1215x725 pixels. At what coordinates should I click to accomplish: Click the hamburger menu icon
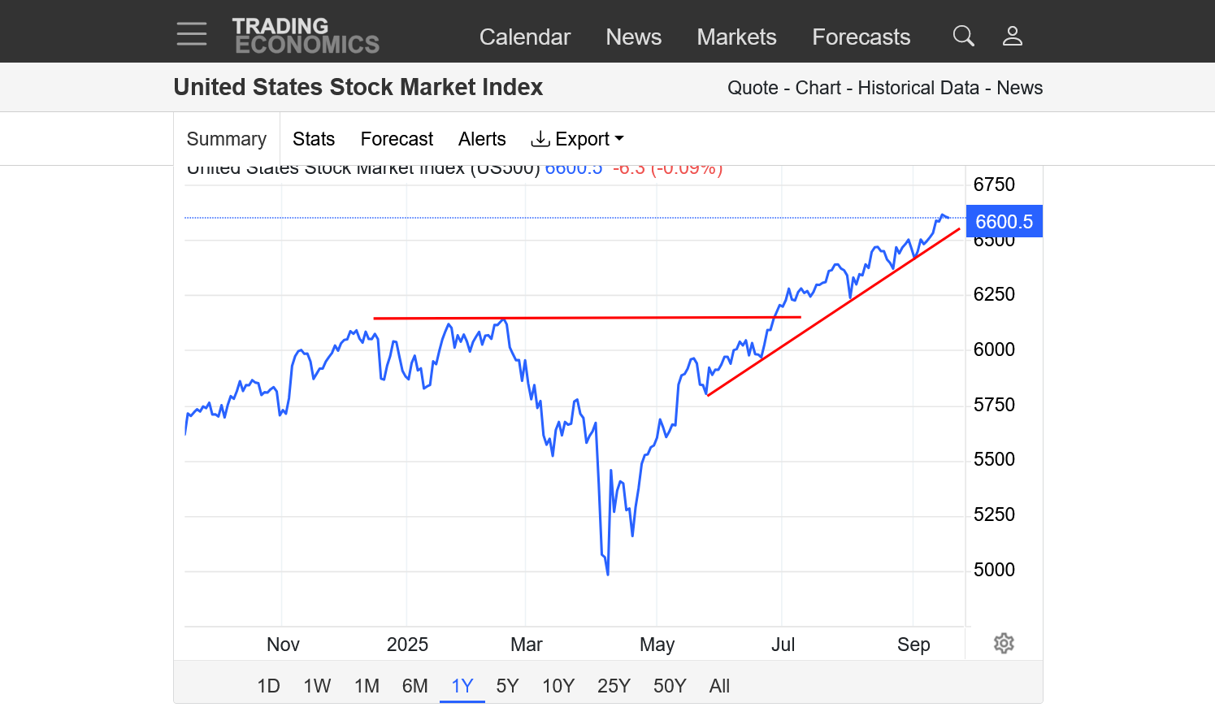tap(192, 34)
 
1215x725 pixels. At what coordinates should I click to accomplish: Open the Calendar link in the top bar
tap(524, 37)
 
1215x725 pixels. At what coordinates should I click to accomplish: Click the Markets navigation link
tap(736, 37)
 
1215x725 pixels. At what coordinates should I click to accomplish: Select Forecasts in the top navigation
tap(861, 37)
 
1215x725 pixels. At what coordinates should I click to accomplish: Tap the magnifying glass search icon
tap(963, 36)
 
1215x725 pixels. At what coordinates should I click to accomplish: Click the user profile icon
tap(1012, 36)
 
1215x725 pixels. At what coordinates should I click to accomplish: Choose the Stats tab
tap(314, 139)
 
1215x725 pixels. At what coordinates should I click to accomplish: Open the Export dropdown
tap(577, 139)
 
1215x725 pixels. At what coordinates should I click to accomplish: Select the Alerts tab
tap(482, 139)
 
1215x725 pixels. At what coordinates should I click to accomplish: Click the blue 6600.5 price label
tap(1004, 222)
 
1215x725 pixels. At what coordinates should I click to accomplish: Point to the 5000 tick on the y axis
tap(994, 570)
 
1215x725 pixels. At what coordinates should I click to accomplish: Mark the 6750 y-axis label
tap(994, 185)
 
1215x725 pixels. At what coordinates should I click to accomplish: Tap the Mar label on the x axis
tap(526, 645)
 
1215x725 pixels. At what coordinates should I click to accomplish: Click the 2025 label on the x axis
tap(407, 645)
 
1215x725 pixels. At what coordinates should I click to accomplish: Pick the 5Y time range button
tap(507, 686)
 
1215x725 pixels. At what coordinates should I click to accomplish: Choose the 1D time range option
tap(268, 686)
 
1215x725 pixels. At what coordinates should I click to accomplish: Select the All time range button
tap(719, 686)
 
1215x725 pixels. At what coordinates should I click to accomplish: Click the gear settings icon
tap(1004, 644)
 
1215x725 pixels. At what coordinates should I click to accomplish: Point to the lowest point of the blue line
tap(608, 574)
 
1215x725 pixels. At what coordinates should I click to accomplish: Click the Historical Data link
tap(918, 88)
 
